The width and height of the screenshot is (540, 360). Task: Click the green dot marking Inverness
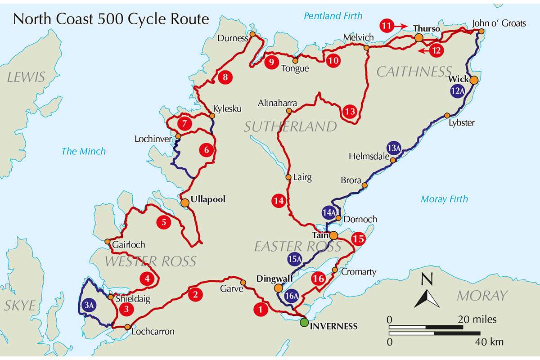coord(305,322)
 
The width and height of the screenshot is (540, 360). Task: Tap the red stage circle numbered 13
coord(351,111)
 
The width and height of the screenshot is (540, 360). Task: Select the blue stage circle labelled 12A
coord(457,90)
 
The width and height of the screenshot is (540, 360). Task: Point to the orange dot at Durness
coord(252,34)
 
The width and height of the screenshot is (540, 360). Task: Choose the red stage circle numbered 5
coord(164,221)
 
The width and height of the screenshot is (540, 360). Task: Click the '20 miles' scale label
coord(477,319)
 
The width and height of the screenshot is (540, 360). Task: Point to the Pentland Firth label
coord(333,16)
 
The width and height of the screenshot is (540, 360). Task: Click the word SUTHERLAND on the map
coord(290,126)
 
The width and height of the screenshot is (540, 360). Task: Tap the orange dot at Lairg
coord(288,177)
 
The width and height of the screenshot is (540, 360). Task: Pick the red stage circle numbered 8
coord(225,77)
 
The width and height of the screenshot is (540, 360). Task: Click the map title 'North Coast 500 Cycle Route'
coord(111,19)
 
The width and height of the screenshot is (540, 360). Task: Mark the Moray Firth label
coord(444,199)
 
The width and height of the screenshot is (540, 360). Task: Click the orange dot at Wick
coord(474,80)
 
